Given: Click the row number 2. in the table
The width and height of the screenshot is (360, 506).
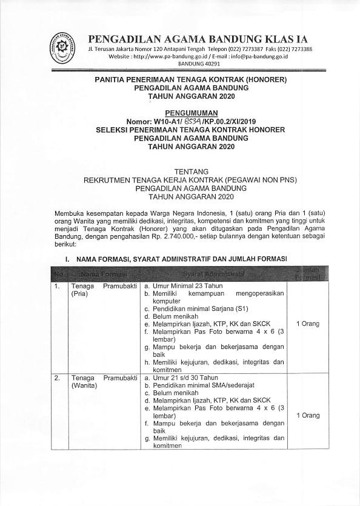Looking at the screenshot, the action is [x=58, y=378].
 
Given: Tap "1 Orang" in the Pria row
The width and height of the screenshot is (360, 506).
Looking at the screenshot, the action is [x=308, y=324].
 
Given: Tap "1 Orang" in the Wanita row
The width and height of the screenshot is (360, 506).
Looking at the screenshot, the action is [x=308, y=416].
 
